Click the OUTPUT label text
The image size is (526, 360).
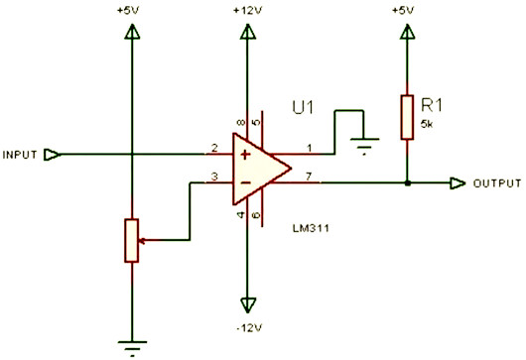click(x=497, y=184)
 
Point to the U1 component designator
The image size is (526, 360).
click(x=304, y=107)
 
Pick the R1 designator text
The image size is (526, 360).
click(x=433, y=102)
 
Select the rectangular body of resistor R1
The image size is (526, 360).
click(x=406, y=115)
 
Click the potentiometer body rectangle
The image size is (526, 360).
click(x=131, y=239)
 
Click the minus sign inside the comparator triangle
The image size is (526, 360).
click(x=242, y=183)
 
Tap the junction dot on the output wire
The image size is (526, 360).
click(x=406, y=183)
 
